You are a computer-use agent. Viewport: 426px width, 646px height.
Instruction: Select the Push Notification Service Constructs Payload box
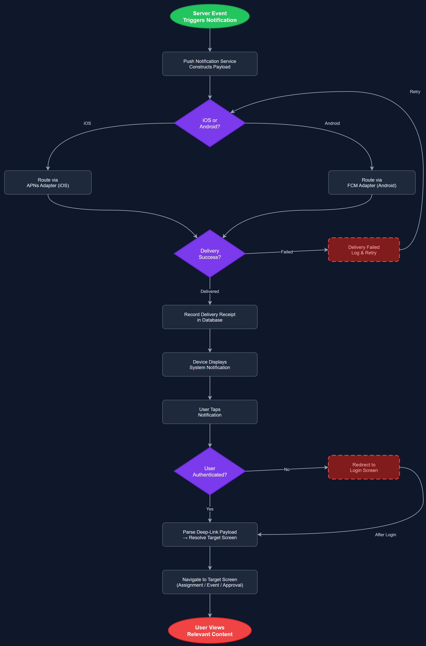coord(210,64)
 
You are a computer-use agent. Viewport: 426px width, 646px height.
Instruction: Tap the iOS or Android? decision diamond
coord(210,123)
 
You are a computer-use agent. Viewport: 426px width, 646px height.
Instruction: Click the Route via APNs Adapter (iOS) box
coord(48,182)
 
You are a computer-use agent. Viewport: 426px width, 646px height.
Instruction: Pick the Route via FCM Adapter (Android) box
coord(372,182)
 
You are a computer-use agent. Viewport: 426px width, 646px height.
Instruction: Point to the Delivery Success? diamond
coord(210,254)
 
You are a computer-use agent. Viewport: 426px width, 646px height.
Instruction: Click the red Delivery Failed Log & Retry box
coord(364,250)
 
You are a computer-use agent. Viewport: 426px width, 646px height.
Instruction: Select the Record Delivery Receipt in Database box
coord(210,317)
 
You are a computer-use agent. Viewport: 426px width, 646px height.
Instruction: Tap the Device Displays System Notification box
coord(210,365)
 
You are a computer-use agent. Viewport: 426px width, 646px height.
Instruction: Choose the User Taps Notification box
coord(210,412)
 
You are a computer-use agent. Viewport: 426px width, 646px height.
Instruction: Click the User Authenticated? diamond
coord(210,471)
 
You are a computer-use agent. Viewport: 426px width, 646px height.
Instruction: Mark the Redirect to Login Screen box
coord(364,467)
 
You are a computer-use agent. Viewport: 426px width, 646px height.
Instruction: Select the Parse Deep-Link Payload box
coord(210,534)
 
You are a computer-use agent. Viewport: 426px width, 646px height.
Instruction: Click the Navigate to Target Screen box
coord(210,582)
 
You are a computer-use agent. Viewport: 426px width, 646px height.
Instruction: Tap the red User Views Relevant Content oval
coord(210,631)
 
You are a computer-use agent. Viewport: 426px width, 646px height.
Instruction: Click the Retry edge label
coord(415,92)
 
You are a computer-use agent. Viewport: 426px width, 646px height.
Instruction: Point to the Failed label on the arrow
coord(287,252)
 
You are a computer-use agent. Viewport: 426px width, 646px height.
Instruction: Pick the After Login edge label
coord(385,534)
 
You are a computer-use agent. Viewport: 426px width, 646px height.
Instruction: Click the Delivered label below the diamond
coord(210,291)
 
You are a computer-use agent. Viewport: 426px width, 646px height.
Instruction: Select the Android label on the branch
coord(332,123)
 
